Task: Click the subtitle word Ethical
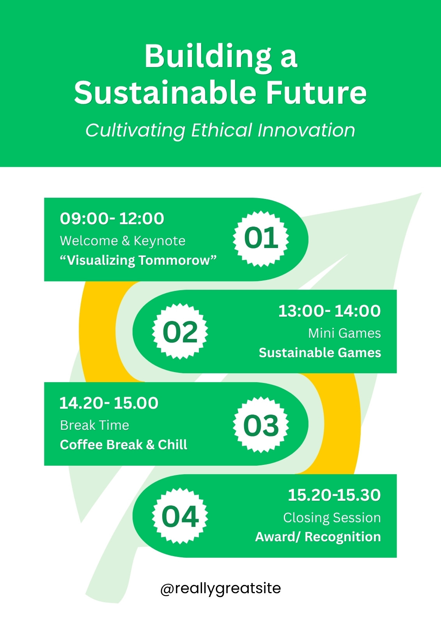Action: click(222, 130)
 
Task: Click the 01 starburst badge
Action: click(261, 238)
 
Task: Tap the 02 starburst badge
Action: click(180, 331)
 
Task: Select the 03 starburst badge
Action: click(261, 425)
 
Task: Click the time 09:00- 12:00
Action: click(112, 218)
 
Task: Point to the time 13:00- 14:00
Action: click(329, 311)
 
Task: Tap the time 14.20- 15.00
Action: click(109, 403)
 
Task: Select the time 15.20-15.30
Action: click(334, 495)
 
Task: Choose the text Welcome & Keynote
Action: click(122, 241)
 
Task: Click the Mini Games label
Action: click(345, 333)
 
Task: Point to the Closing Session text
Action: click(332, 518)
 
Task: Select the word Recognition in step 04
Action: click(343, 537)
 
